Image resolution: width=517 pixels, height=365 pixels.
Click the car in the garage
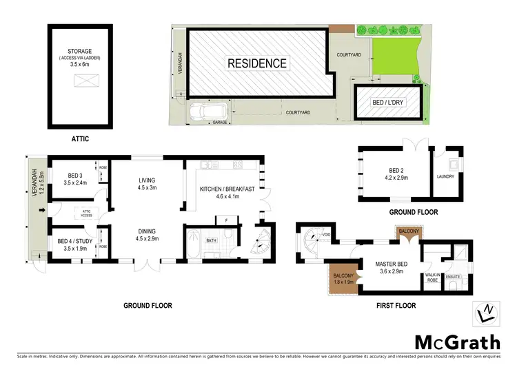(203, 109)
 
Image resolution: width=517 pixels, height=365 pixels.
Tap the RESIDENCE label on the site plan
(257, 63)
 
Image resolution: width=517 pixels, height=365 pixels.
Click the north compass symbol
(487, 314)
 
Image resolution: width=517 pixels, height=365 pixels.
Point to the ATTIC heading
(81, 138)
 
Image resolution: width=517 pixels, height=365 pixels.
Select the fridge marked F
(226, 220)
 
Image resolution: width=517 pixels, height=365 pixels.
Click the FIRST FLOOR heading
(398, 305)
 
